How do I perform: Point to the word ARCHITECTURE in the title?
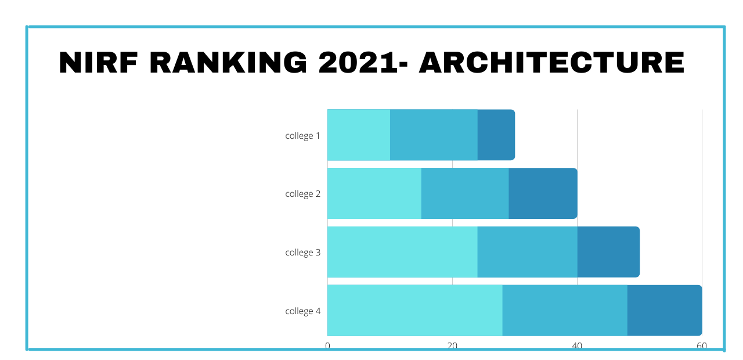click(551, 63)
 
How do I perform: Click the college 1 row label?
click(302, 136)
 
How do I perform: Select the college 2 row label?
click(302, 194)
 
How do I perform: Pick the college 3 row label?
click(302, 253)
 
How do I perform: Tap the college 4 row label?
click(302, 311)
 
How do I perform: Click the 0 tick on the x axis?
click(327, 345)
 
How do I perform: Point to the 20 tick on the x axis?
click(452, 345)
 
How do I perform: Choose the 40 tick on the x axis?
click(577, 345)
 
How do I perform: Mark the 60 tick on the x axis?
click(702, 345)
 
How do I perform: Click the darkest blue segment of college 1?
click(496, 135)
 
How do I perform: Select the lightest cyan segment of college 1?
click(359, 135)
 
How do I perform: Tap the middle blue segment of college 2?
click(465, 193)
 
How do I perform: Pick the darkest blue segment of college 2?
click(543, 193)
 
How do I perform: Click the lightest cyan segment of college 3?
click(402, 252)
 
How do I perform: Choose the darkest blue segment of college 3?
click(608, 252)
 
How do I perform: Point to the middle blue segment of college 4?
click(565, 310)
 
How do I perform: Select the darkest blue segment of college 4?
click(665, 310)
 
